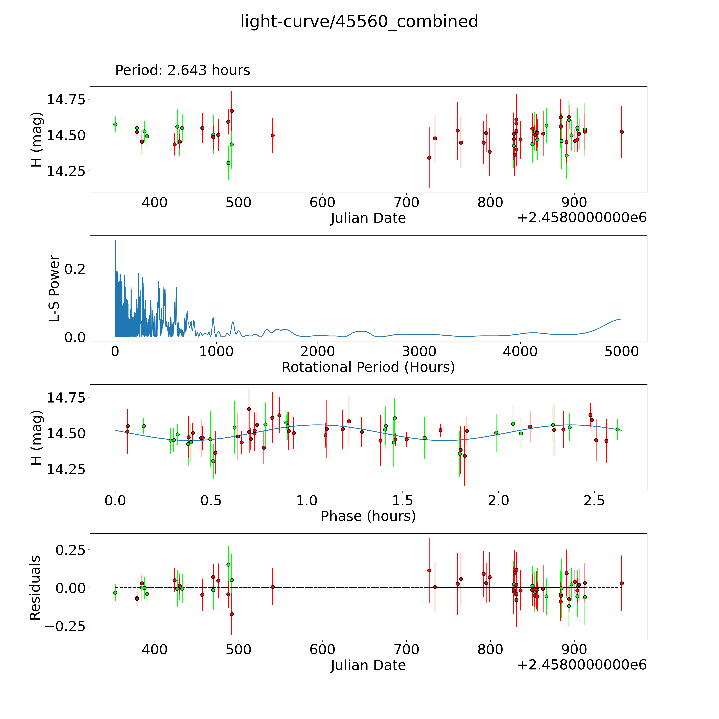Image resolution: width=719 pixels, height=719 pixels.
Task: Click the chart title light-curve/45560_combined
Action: (359, 22)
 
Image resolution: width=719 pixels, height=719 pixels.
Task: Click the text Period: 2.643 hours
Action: (182, 70)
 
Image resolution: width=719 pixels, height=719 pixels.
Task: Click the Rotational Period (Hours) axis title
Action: (368, 367)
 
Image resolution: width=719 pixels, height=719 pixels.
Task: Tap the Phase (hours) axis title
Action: (368, 516)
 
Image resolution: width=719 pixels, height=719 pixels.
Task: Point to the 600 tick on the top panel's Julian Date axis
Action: (322, 203)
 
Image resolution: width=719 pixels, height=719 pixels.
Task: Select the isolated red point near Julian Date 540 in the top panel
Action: (273, 135)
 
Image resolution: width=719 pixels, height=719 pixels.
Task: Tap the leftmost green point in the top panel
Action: (115, 124)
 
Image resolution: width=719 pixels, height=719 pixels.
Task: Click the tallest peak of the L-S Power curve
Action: (115, 240)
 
